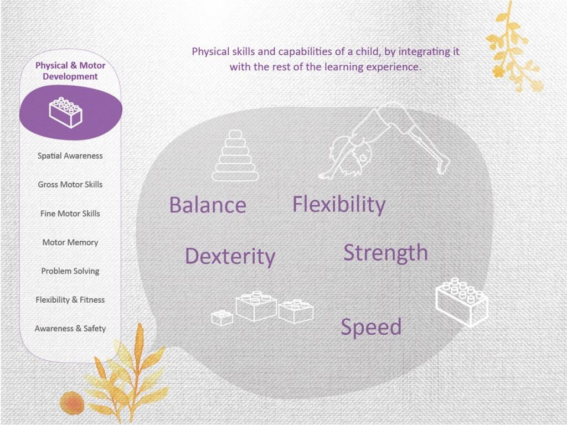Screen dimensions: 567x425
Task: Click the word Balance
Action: (x=208, y=205)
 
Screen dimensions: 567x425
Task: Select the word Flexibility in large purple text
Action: (x=339, y=205)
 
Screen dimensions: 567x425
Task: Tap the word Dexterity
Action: (x=230, y=257)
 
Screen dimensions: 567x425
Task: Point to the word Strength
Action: (x=385, y=253)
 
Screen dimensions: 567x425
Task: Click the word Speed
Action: (x=371, y=328)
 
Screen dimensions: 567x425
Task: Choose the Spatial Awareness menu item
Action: (x=70, y=156)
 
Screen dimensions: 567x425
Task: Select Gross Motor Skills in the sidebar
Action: (x=70, y=184)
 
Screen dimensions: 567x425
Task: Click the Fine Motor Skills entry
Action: (x=70, y=213)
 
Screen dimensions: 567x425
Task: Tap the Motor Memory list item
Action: (x=70, y=242)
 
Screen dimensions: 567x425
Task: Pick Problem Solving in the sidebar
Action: (x=70, y=271)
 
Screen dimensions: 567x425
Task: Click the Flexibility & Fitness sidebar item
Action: (x=70, y=299)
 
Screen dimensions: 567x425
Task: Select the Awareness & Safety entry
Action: (x=70, y=329)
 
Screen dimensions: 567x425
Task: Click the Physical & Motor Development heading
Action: (x=70, y=71)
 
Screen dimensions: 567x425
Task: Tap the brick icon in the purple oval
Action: (x=66, y=112)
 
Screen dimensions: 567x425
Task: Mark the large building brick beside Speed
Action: (x=462, y=303)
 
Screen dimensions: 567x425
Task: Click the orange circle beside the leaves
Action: (x=72, y=403)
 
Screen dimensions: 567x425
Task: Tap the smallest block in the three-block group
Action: (x=221, y=318)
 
